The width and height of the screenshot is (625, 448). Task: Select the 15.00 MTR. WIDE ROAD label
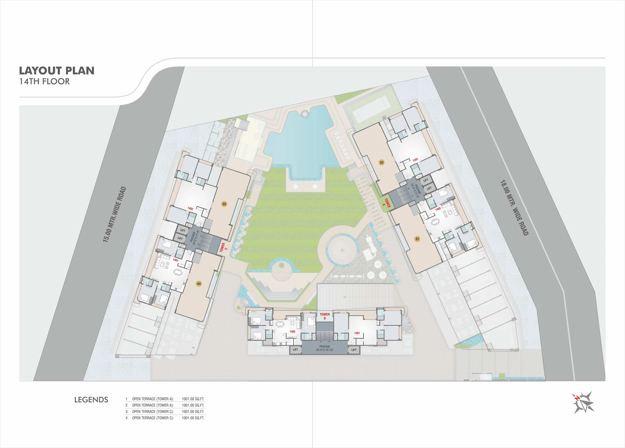114,215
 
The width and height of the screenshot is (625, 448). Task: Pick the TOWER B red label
325,316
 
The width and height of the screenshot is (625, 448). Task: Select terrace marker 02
382,163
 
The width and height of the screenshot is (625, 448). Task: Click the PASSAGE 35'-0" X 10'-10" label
325,348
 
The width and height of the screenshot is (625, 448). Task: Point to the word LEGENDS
91,400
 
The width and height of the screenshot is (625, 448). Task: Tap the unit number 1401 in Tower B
357,333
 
